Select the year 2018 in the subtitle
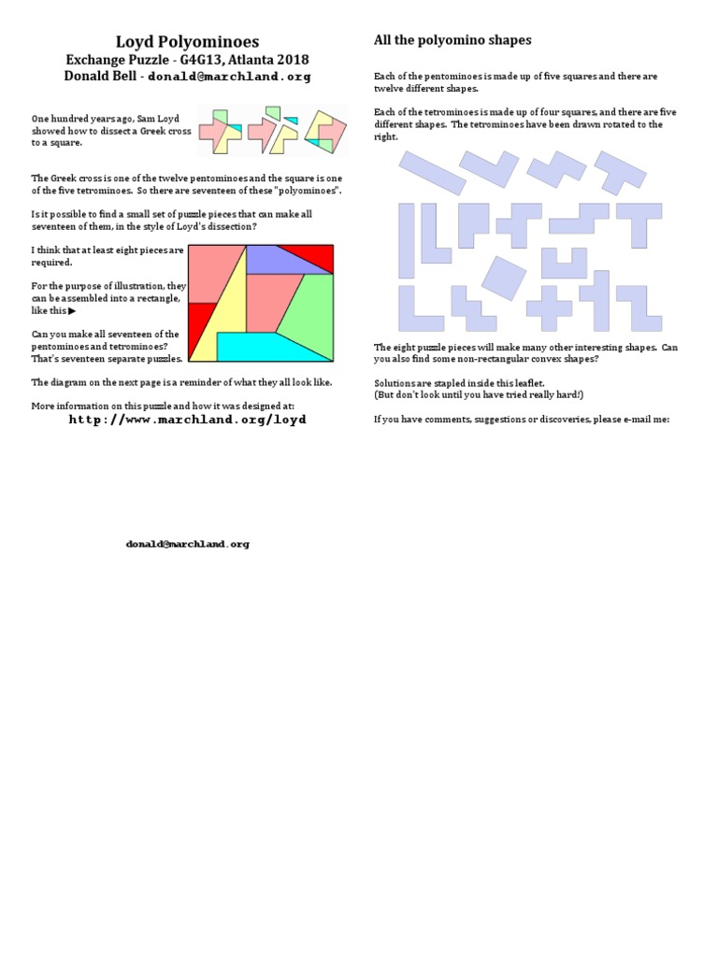291,60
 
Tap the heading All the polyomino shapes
452,40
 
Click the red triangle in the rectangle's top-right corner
314,254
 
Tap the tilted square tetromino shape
503,278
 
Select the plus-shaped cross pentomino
549,307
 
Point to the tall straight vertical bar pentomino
407,240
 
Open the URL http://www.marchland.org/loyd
187,420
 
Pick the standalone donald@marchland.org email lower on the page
187,544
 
